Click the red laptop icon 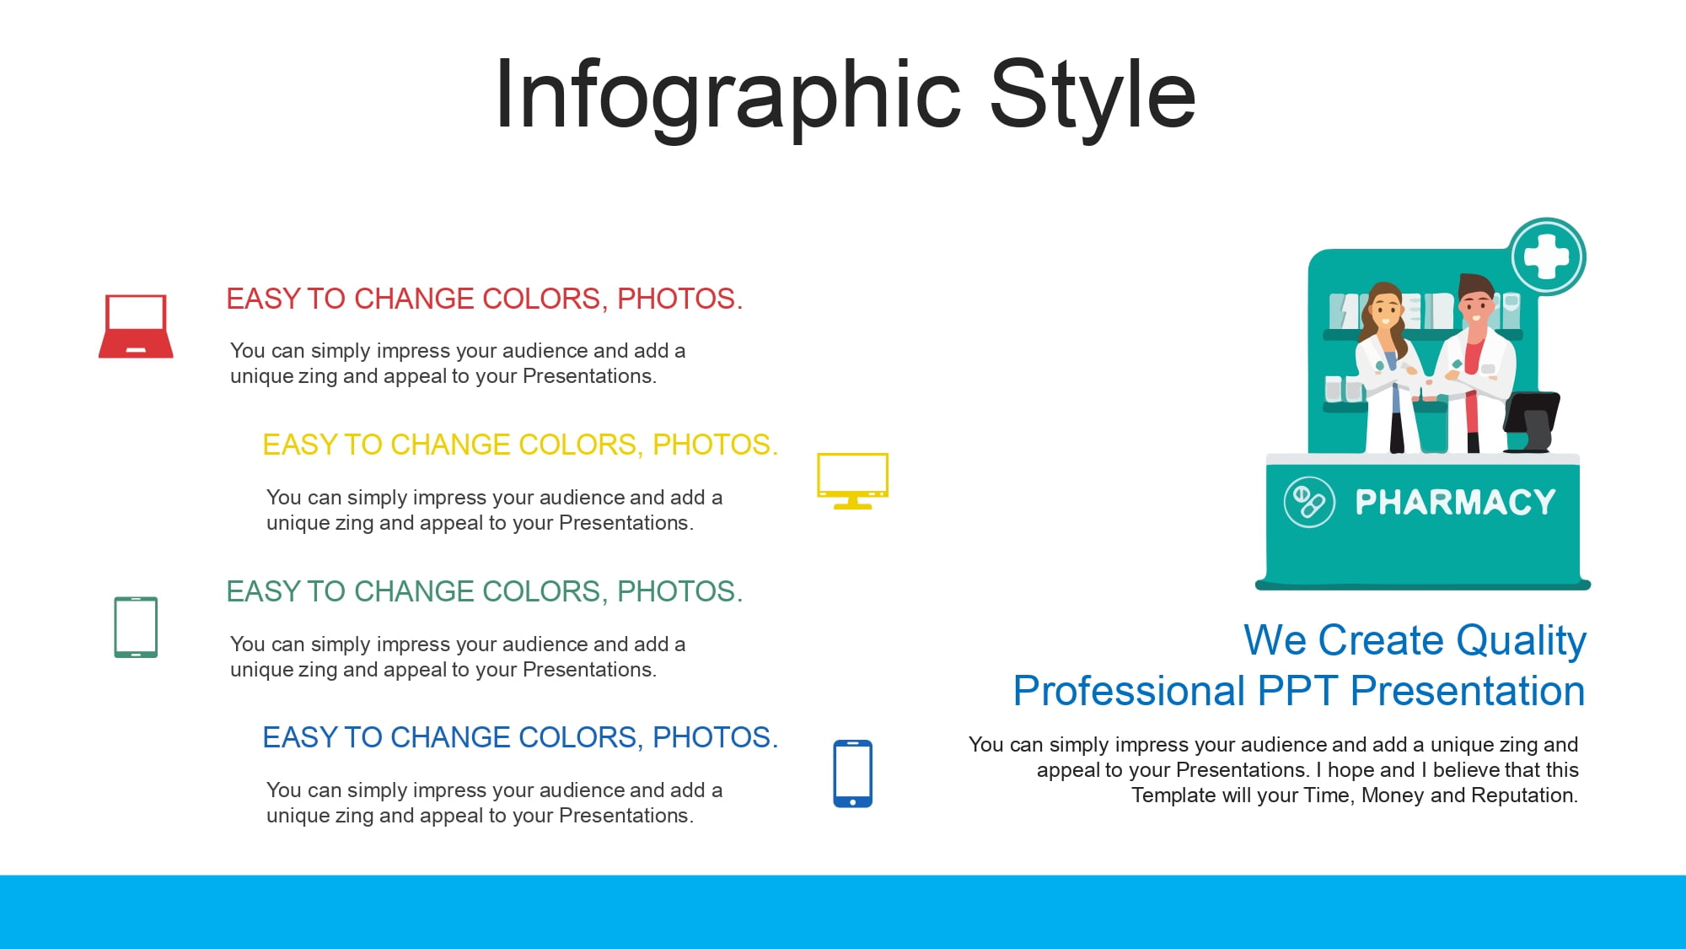tap(136, 326)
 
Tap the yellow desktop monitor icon tap(852, 481)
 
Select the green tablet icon tap(136, 627)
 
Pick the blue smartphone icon tap(852, 774)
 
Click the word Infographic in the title tap(728, 94)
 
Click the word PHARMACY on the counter tap(1455, 502)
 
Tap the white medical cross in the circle tap(1547, 256)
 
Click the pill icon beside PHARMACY tap(1309, 502)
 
